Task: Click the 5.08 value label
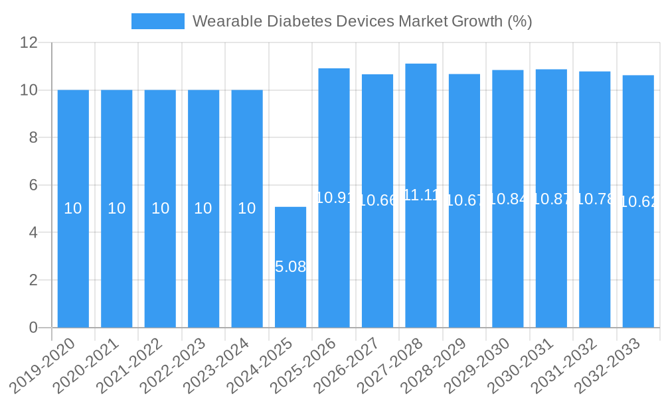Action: (x=290, y=267)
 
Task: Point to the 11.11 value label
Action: (x=421, y=195)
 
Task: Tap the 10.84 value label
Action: (x=508, y=199)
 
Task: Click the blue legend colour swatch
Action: (x=158, y=21)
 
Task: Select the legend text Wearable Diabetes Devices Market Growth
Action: (x=362, y=21)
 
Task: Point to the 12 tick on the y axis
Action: (x=29, y=42)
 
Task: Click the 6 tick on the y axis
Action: (x=33, y=185)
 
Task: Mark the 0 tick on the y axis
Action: (x=33, y=328)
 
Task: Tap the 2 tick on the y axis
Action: (x=33, y=280)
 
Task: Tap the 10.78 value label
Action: (x=595, y=199)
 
